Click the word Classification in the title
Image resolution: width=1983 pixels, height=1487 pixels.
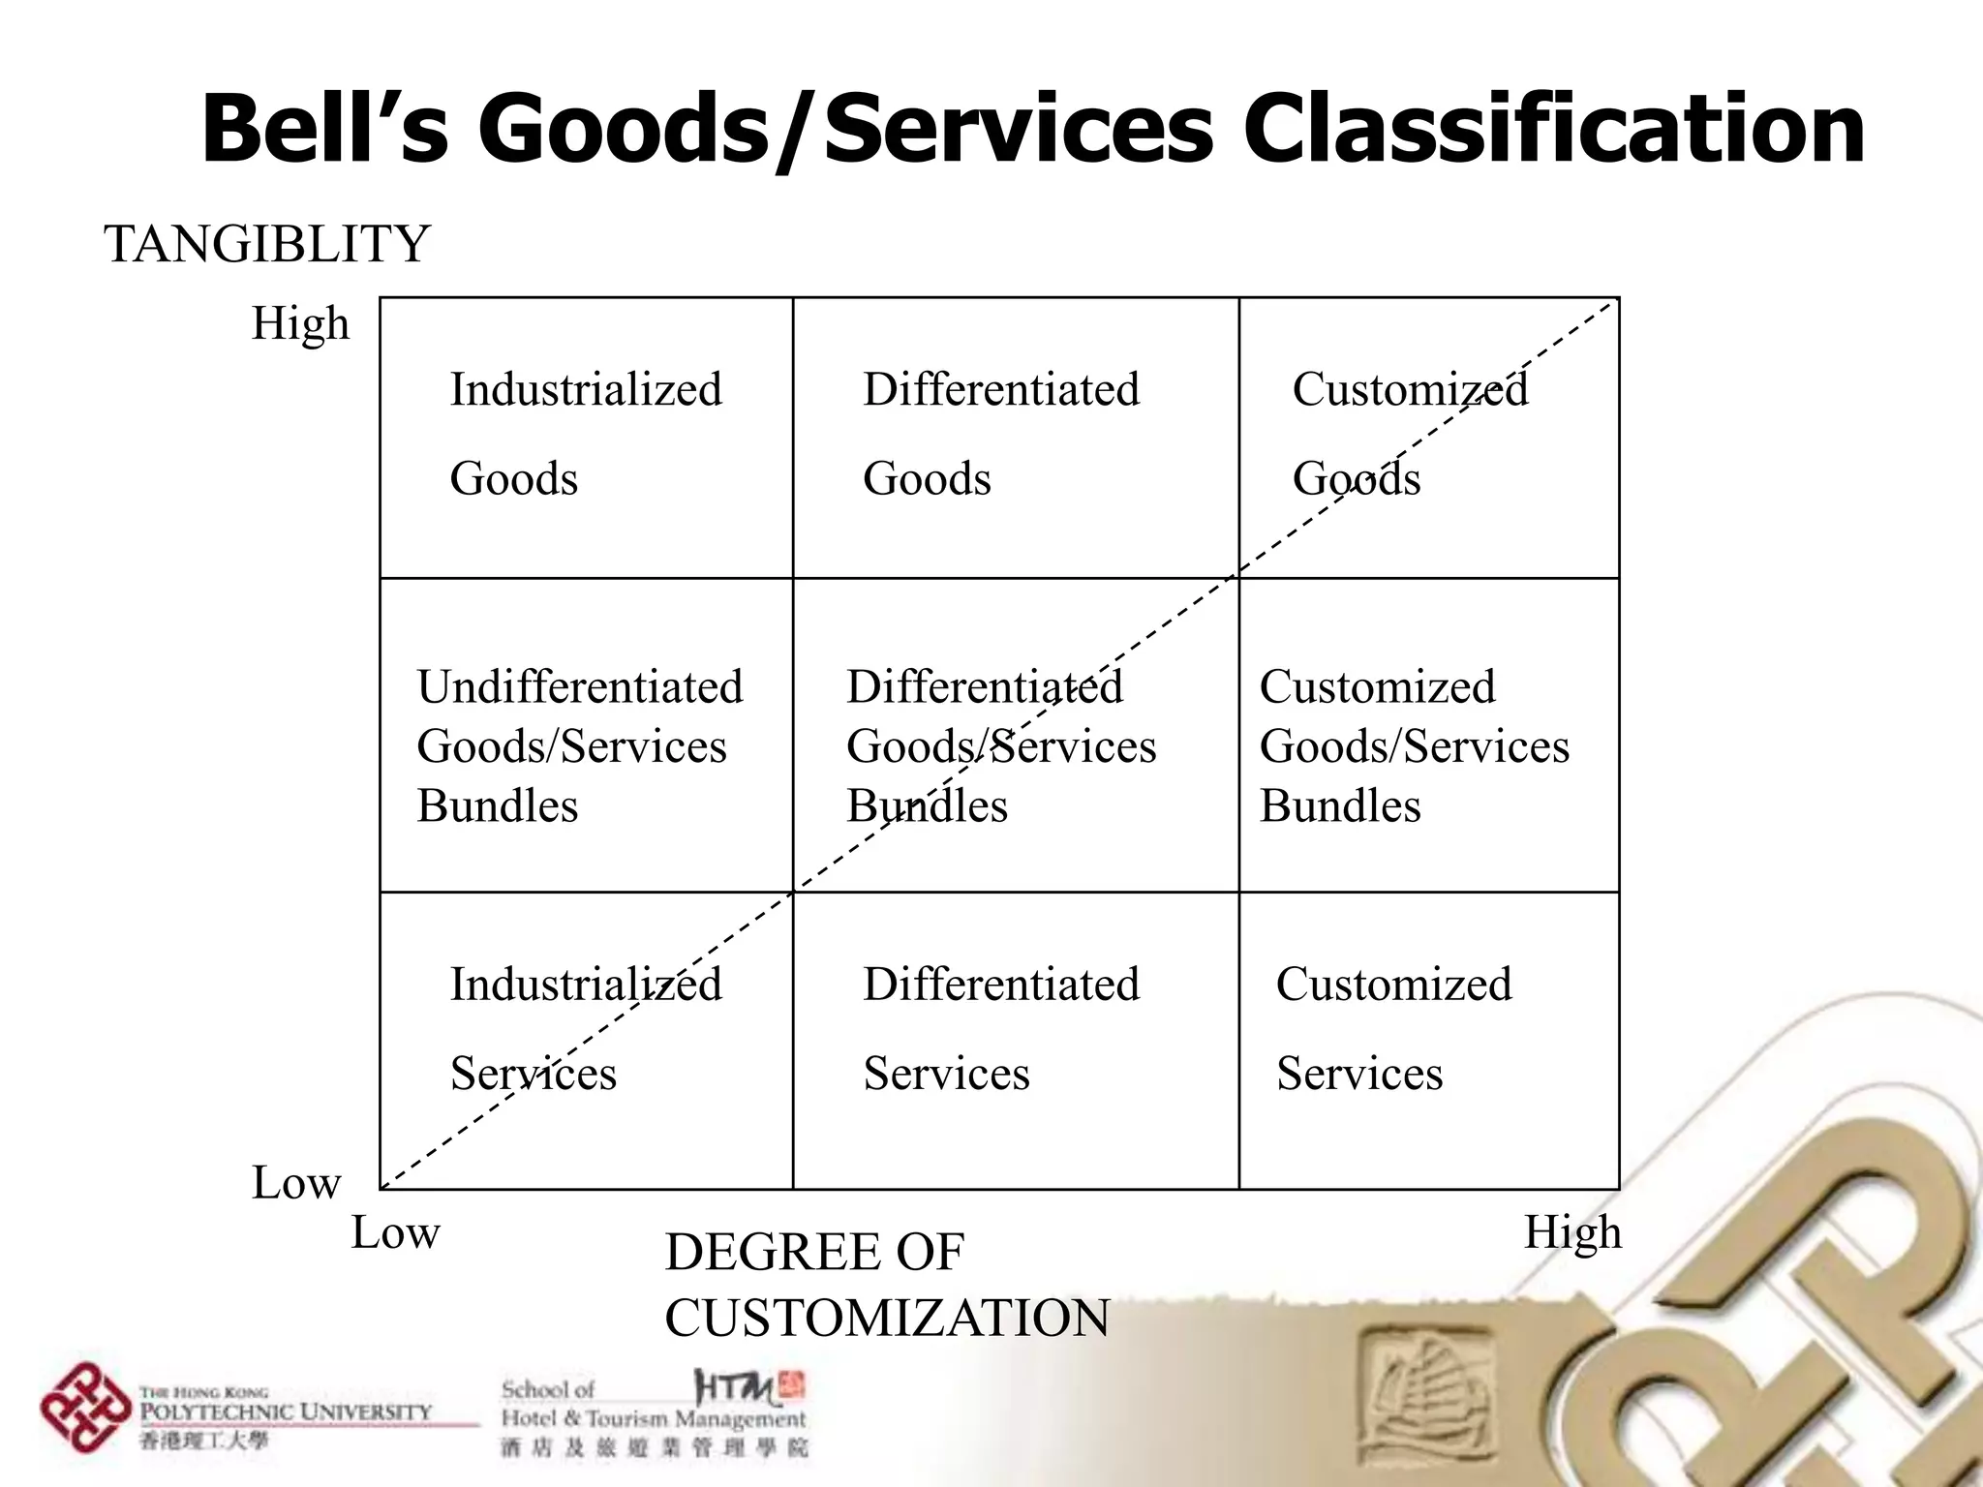pyautogui.click(x=1553, y=129)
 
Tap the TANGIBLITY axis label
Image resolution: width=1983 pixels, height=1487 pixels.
pyautogui.click(x=266, y=244)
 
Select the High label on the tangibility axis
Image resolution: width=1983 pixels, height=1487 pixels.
pyautogui.click(x=300, y=323)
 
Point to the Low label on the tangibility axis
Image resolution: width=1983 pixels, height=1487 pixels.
pyautogui.click(x=296, y=1183)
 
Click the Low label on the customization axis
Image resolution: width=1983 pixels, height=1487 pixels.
pyautogui.click(x=395, y=1233)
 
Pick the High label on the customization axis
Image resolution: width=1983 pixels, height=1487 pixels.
pyautogui.click(x=1572, y=1233)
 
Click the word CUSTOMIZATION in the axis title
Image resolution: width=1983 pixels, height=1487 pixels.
pyautogui.click(x=887, y=1319)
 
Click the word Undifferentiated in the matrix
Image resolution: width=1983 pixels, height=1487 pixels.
pyautogui.click(x=580, y=687)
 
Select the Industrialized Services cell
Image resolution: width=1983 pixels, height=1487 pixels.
pyautogui.click(x=586, y=1028)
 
